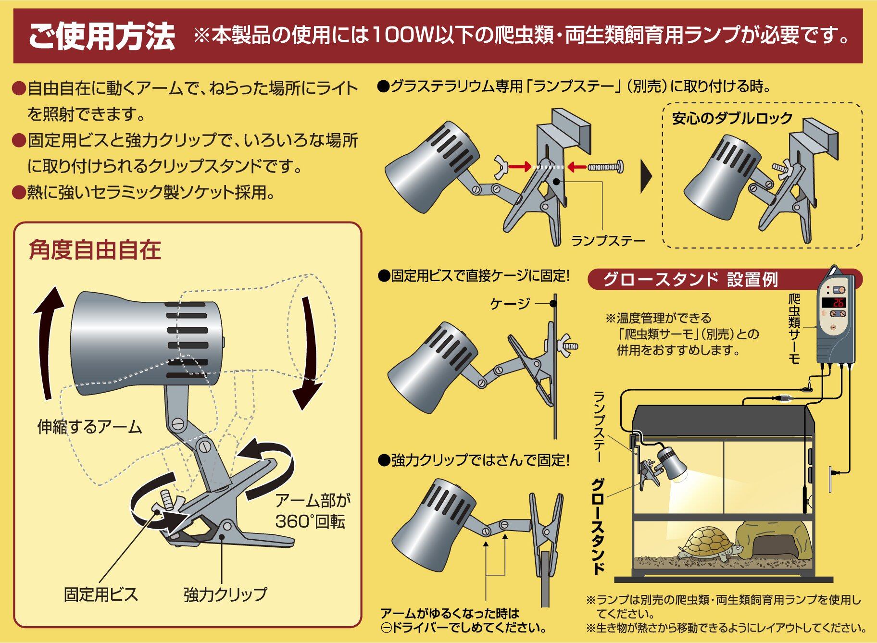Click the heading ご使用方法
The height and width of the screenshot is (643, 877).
102,37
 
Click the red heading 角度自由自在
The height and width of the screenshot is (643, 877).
95,250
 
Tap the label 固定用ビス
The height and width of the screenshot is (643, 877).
101,594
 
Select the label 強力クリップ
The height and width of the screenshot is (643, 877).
225,594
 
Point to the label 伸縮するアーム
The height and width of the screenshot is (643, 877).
90,427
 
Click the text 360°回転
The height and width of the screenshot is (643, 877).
310,522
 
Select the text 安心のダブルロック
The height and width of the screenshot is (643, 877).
732,118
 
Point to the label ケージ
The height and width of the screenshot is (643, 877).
510,303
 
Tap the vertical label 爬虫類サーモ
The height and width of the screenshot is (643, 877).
794,329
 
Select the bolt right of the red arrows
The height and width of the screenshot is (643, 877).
606,167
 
